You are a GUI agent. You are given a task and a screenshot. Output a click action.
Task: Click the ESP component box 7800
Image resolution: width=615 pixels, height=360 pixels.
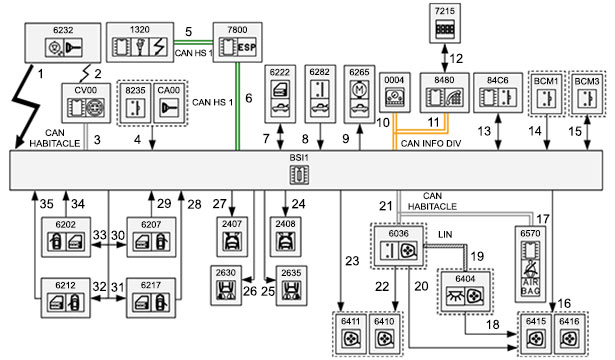tap(237, 42)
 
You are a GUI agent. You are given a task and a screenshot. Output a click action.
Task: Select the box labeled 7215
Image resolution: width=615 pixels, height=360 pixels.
tap(444, 24)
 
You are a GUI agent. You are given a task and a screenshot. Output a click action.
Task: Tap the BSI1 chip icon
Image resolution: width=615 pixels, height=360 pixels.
tap(299, 175)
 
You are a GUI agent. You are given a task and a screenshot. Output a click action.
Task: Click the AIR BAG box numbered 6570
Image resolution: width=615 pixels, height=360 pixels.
tap(530, 264)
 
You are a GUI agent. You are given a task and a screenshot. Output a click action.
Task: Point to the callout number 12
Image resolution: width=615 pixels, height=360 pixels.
tap(456, 59)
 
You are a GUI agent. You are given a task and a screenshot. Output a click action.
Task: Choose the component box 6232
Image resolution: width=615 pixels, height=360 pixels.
tap(63, 43)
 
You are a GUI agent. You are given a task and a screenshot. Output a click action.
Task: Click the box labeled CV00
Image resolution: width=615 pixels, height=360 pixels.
tap(86, 103)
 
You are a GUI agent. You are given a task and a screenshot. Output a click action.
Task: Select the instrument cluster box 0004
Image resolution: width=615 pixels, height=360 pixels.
tap(394, 93)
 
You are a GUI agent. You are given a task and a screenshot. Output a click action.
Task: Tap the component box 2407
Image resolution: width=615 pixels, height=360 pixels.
tap(232, 237)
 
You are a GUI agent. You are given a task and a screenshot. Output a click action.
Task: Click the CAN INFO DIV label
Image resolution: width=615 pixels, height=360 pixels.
tap(431, 144)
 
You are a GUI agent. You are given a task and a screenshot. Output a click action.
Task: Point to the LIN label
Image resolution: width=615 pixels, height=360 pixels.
tap(445, 235)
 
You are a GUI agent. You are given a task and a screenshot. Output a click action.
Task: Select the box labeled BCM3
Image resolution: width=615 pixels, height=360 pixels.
tap(587, 94)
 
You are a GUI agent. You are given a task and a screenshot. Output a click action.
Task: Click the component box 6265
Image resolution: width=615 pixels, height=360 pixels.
tap(359, 95)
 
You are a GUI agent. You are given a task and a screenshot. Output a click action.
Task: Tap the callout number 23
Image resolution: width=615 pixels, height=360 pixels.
tap(352, 261)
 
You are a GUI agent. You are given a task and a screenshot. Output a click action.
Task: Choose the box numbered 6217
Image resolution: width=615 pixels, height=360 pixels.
tap(151, 298)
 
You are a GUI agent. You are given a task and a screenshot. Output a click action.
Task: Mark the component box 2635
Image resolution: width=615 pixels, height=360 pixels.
tap(291, 286)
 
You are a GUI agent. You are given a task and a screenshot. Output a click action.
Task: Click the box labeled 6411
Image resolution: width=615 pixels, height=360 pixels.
tap(350, 334)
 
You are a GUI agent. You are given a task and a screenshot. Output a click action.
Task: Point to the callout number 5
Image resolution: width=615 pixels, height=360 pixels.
tap(189, 32)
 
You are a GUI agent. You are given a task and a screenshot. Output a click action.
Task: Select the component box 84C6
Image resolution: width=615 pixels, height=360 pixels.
tap(498, 93)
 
